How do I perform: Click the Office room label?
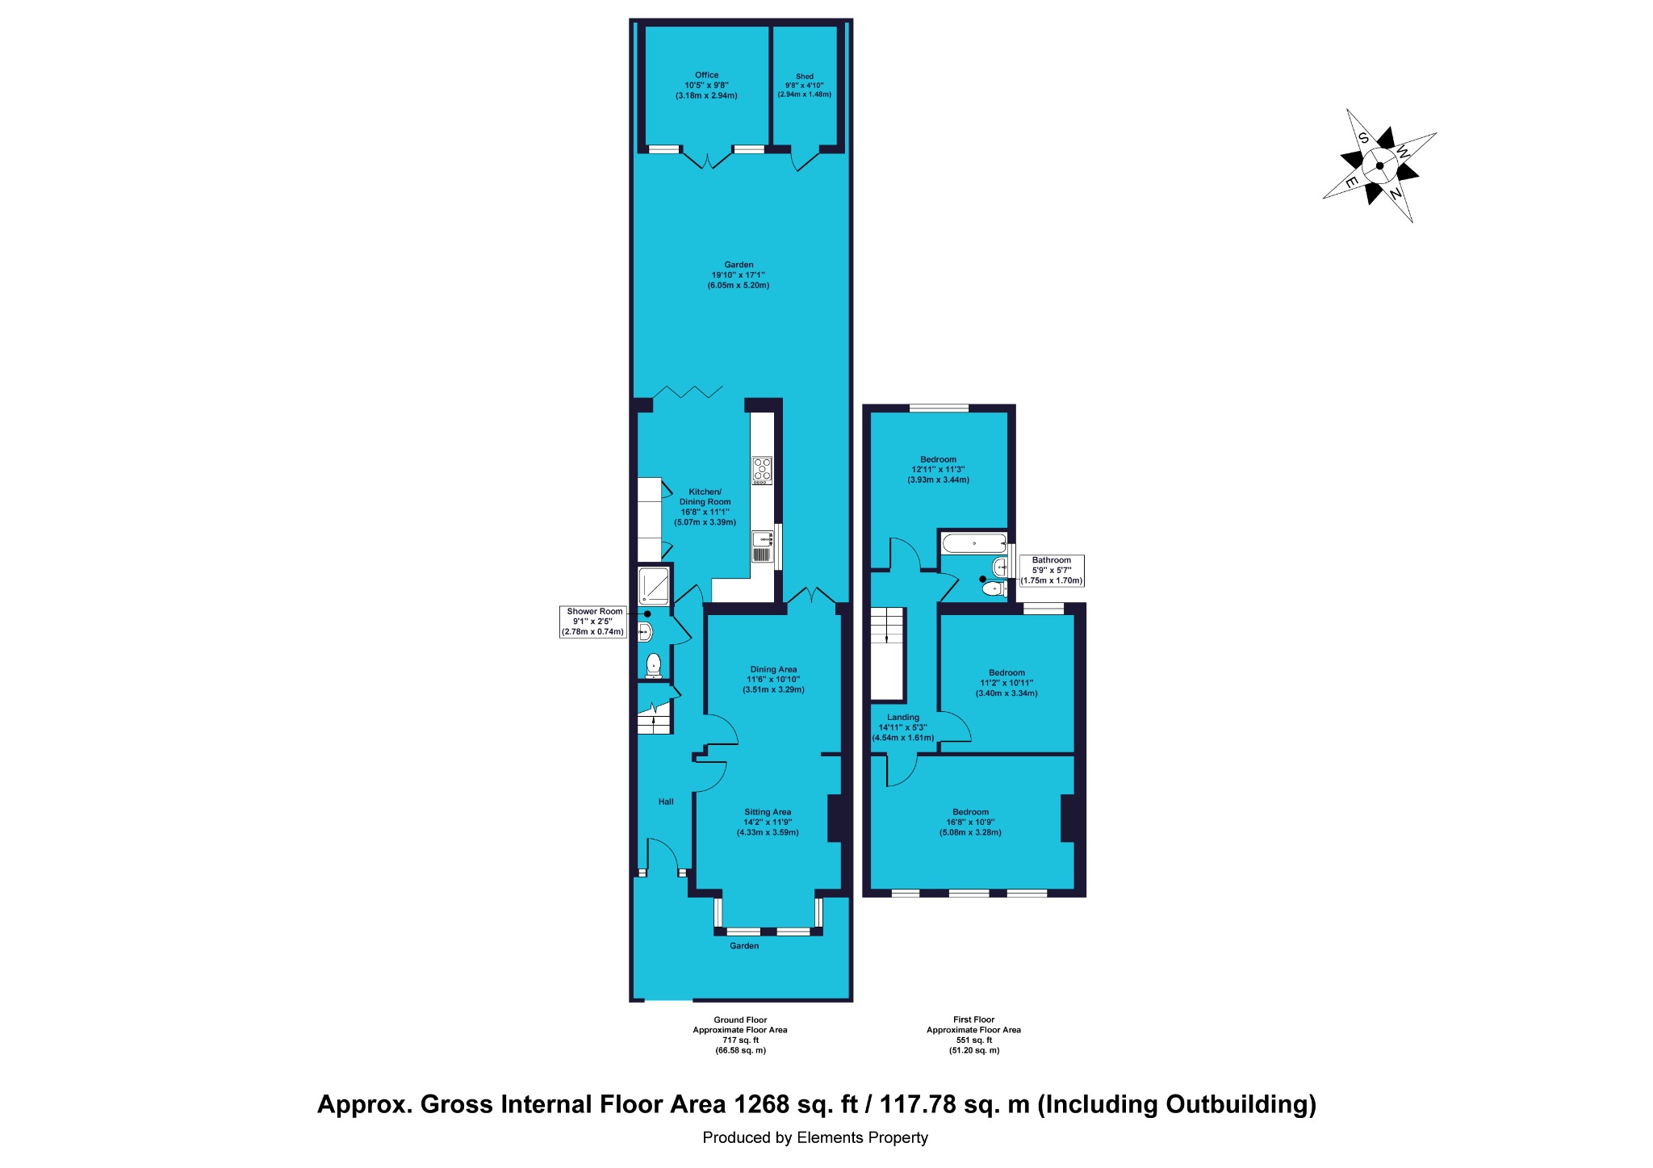pos(706,75)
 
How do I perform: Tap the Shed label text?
pos(805,77)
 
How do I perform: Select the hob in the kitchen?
pos(762,471)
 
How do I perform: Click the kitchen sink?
pos(762,546)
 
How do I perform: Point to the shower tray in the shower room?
pos(654,586)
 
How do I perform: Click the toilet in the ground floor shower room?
pos(653,666)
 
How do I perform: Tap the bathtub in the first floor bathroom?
pos(974,542)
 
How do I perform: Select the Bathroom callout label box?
pos(1052,571)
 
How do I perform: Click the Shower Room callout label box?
pos(594,622)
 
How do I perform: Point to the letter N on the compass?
pos(1395,194)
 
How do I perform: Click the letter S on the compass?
pos(1363,138)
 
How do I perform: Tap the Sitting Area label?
pos(768,812)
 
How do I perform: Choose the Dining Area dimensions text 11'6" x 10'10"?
pos(773,680)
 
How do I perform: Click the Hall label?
pos(666,802)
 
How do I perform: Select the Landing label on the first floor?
pos(903,717)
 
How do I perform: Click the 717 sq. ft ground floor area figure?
pos(740,1040)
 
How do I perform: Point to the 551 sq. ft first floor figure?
pos(974,1040)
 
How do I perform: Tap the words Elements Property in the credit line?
pos(862,1138)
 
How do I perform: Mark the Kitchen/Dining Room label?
pos(705,496)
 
